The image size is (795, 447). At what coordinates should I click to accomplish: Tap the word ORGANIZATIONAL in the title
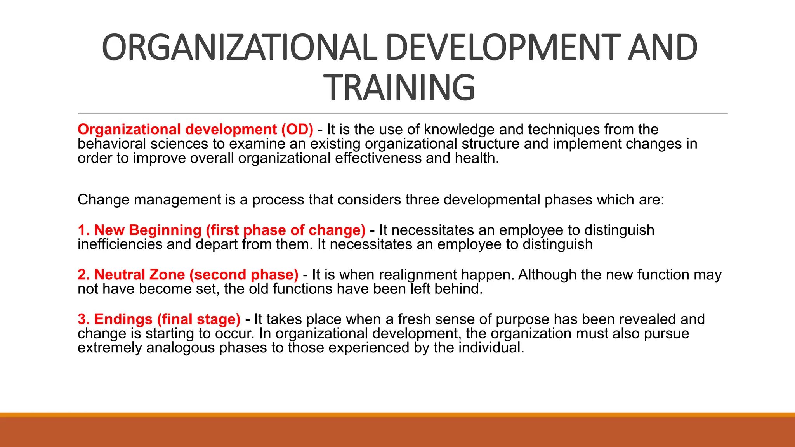(x=239, y=48)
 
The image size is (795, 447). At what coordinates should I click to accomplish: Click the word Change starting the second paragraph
(x=103, y=200)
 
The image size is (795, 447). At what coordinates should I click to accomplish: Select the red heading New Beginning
(x=148, y=230)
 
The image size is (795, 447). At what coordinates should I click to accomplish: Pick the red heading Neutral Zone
(x=139, y=275)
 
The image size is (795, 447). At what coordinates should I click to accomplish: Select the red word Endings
(x=123, y=319)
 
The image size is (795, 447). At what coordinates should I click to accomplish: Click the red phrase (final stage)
(x=199, y=319)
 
